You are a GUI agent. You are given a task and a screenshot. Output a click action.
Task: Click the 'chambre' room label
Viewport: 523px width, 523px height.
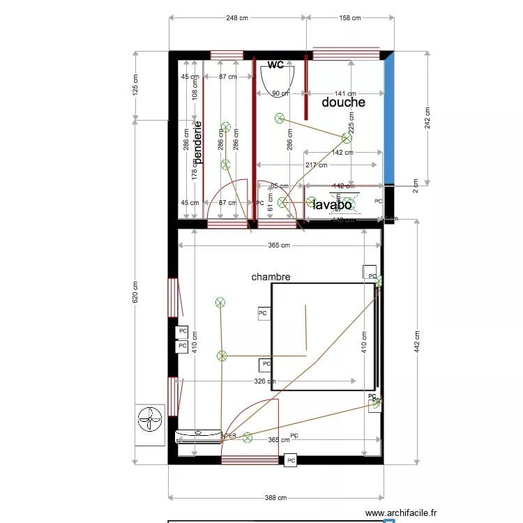(x=271, y=277)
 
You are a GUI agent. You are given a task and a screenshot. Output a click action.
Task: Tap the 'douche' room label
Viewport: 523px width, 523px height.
(x=343, y=103)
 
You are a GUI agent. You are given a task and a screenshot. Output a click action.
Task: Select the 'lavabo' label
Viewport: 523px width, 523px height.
(x=332, y=205)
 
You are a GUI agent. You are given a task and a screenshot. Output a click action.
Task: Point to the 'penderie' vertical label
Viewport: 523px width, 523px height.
(x=198, y=143)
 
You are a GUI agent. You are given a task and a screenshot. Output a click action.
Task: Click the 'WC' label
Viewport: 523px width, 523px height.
(x=275, y=65)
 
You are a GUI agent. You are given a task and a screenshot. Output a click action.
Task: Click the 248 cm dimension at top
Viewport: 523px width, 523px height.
(x=237, y=18)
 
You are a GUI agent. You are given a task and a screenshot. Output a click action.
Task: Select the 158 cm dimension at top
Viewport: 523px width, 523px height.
(x=348, y=18)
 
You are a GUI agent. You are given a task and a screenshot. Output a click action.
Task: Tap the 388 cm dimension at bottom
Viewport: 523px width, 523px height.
(x=275, y=498)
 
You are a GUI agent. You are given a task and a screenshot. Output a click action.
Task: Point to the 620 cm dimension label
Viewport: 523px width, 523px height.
(x=136, y=292)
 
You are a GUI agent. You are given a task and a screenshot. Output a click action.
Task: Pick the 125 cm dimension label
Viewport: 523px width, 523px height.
(x=136, y=84)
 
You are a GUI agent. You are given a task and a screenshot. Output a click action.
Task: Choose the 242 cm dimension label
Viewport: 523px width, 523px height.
(x=427, y=118)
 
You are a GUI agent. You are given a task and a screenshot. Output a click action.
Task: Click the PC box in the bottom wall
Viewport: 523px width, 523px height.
(x=291, y=461)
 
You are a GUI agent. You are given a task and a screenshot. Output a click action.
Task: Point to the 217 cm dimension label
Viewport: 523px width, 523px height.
(x=317, y=165)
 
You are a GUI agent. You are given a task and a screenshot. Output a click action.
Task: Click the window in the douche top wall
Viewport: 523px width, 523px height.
(x=345, y=55)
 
